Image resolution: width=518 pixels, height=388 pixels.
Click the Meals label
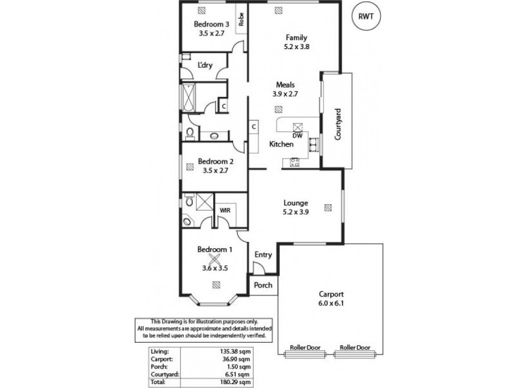click(x=286, y=85)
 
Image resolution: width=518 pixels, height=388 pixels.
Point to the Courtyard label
click(x=337, y=124)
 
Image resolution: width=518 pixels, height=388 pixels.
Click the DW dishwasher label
click(x=297, y=135)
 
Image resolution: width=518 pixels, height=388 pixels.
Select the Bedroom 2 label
click(x=216, y=162)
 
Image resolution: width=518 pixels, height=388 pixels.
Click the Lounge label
click(x=295, y=202)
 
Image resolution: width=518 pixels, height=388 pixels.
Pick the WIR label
click(x=226, y=210)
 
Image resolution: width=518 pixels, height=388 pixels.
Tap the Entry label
click(x=263, y=254)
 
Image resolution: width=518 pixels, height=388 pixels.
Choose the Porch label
click(x=263, y=285)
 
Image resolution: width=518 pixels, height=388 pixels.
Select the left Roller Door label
click(x=302, y=347)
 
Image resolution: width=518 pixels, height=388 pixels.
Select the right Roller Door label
click(x=354, y=347)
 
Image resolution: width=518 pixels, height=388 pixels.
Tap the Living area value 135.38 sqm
click(x=235, y=351)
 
